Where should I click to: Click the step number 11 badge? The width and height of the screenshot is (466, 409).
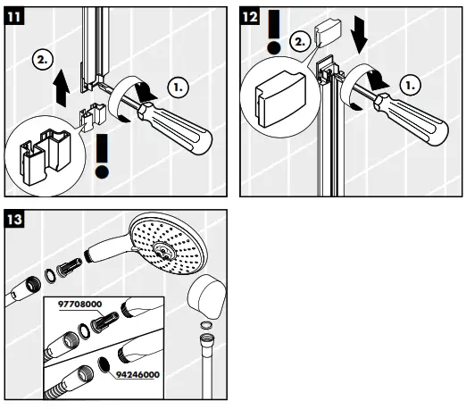[16, 14]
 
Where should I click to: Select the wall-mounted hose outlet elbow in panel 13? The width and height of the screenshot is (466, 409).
[210, 299]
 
